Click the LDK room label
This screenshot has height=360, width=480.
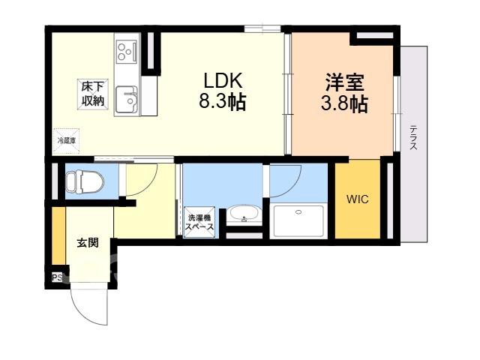click(223, 80)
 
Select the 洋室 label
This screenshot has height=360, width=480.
click(344, 82)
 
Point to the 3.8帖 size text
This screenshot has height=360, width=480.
click(344, 103)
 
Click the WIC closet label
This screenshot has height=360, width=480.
click(358, 199)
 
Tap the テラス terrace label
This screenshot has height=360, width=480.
click(413, 137)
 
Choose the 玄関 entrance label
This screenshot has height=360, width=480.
click(88, 243)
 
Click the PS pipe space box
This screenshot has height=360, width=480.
click(57, 278)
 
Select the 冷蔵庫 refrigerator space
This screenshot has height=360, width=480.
click(67, 141)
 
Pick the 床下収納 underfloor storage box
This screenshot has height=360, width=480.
click(93, 94)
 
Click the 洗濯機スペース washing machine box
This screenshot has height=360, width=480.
click(199, 223)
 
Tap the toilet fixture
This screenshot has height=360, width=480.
click(85, 182)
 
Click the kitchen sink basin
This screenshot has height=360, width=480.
click(127, 100)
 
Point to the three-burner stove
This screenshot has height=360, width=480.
click(127, 52)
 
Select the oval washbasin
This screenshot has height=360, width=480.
click(244, 213)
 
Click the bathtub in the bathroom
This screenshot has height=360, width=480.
click(298, 220)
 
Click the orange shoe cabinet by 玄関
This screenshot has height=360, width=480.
click(58, 235)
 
